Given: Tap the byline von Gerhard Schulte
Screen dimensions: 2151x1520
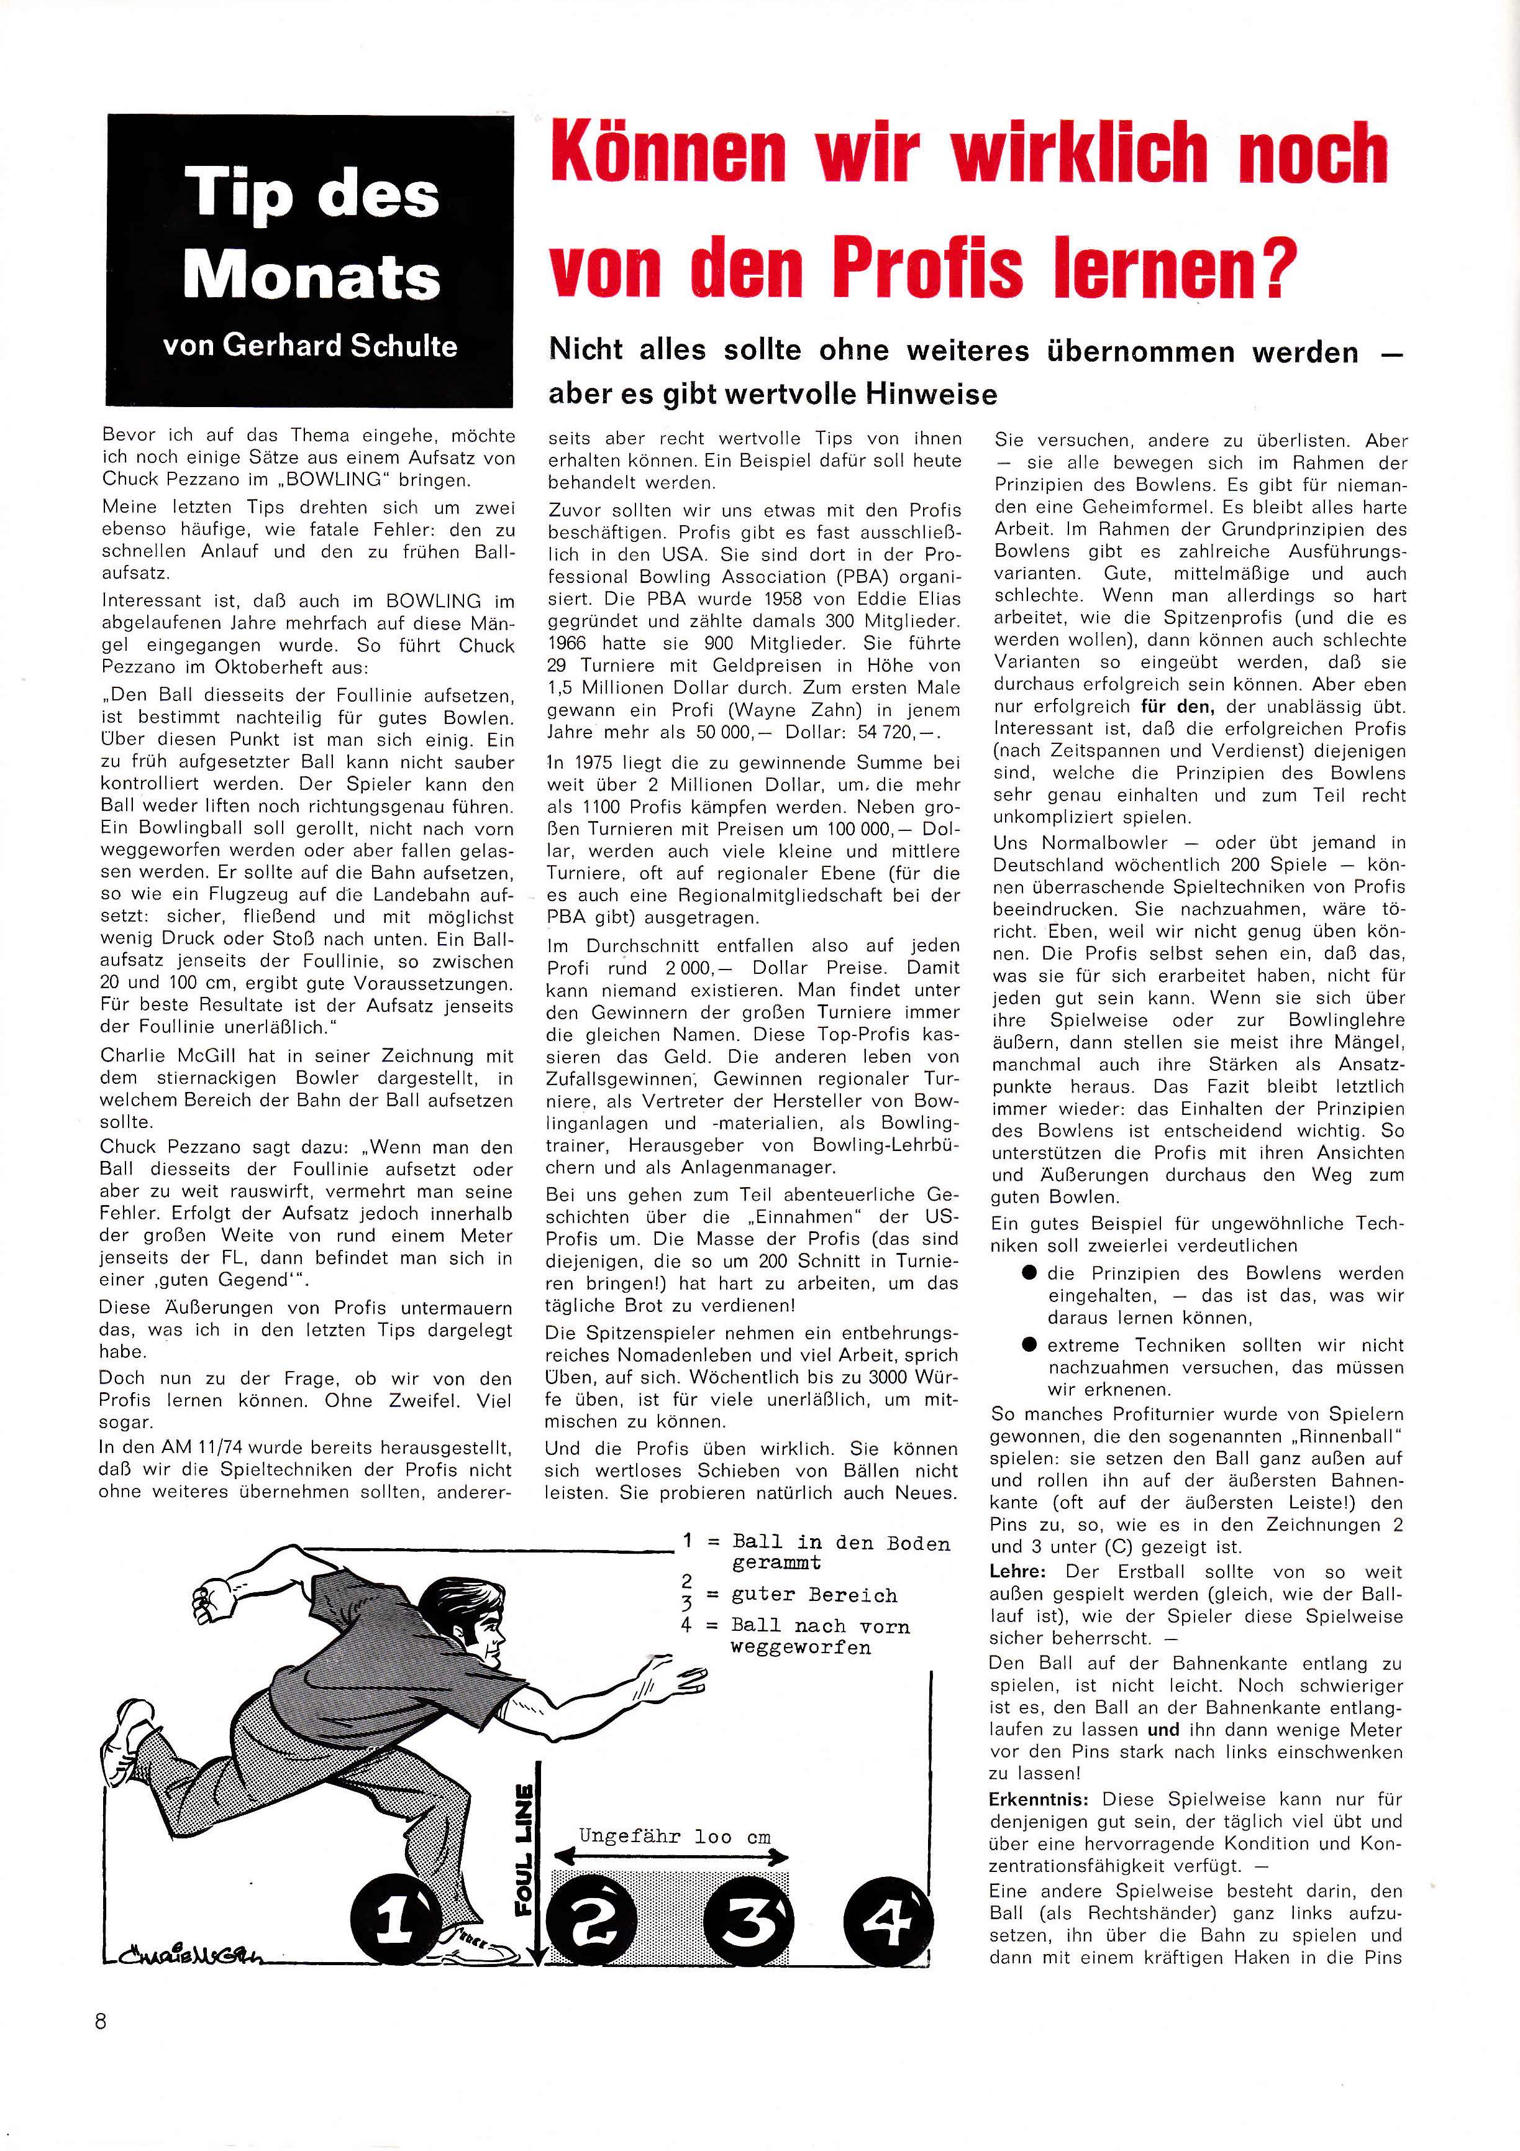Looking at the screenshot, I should coord(310,346).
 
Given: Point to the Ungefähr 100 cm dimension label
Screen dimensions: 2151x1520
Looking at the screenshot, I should coord(675,1837).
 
